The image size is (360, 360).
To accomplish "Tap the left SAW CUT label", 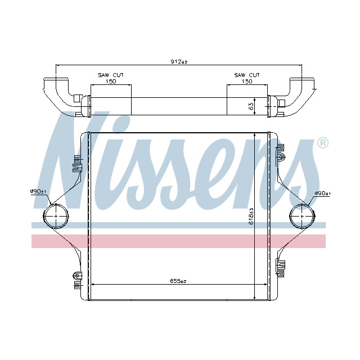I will pyautogui.click(x=111, y=75).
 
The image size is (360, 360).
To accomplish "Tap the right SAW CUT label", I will pyautogui.click(x=247, y=75).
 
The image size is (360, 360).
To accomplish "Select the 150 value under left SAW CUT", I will pyautogui.click(x=111, y=81).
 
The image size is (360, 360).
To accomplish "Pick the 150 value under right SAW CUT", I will pyautogui.click(x=247, y=81).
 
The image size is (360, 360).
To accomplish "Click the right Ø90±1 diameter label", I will pyautogui.click(x=322, y=194).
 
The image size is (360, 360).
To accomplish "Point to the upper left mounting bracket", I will pyautogui.click(x=75, y=164).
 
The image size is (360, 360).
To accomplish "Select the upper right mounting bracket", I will pyautogui.click(x=281, y=152).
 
